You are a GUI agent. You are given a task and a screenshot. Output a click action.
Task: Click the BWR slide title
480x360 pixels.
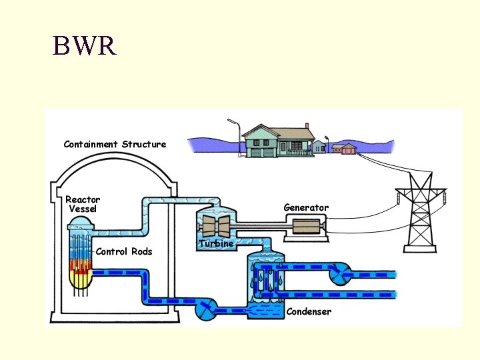point(84,45)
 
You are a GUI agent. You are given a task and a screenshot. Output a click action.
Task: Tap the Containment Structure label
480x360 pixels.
point(115,144)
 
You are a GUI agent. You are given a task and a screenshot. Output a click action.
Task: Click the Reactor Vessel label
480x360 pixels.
point(83,204)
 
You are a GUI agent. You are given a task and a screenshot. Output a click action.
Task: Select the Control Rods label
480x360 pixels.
point(124,251)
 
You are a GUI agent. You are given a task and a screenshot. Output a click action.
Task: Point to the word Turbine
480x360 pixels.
point(217,244)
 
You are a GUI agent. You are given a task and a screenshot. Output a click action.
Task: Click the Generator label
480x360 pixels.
point(306,207)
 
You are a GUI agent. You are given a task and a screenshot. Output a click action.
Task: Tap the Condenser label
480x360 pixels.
point(309,311)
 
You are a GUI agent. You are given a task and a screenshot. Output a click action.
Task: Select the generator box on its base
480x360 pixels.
point(306,228)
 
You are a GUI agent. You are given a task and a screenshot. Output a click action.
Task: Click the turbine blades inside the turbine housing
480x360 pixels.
point(216,226)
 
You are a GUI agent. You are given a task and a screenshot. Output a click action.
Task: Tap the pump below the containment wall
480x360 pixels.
point(206,309)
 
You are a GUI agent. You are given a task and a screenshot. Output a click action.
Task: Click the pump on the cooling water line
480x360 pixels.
point(341,274)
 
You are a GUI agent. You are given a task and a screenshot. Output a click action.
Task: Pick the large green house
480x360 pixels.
point(279,141)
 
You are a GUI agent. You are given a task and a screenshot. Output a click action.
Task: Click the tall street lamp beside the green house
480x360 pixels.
point(239,138)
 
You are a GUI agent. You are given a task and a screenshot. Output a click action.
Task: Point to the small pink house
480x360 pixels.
point(349,149)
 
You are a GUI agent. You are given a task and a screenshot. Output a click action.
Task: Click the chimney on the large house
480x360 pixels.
point(307,126)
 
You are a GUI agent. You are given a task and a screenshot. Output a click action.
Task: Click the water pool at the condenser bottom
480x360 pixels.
point(266,310)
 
